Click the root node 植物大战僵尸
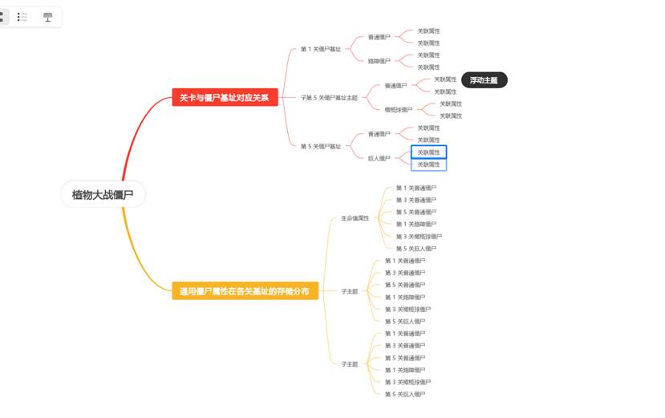click(103, 194)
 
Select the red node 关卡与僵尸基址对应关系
click(225, 98)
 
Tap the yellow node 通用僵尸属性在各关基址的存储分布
click(245, 291)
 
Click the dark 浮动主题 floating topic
click(483, 80)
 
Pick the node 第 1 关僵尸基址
click(320, 49)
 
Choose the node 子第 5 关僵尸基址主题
click(329, 98)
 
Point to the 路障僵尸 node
click(379, 61)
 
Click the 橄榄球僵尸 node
click(398, 110)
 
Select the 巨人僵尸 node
click(379, 158)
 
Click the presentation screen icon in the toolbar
click(47, 17)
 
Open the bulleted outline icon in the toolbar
click(22, 17)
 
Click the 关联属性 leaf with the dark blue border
click(428, 152)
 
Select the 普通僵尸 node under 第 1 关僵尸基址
click(379, 37)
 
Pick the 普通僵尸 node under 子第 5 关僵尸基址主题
click(395, 86)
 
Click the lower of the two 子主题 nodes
click(349, 363)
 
